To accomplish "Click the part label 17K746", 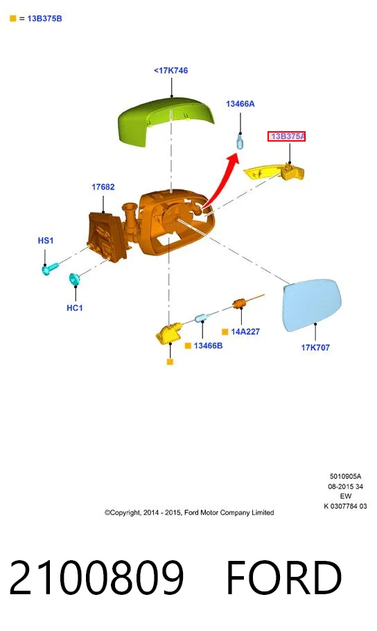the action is click(x=170, y=70).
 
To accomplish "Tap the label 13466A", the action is click(x=240, y=104).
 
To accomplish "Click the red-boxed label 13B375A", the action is click(x=287, y=137).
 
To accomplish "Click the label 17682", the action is click(x=103, y=187).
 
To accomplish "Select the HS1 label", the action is click(x=46, y=240).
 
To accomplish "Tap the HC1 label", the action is click(x=74, y=308).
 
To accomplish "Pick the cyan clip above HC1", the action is click(x=75, y=279).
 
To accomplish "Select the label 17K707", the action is click(x=315, y=347).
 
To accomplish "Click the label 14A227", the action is click(x=245, y=332).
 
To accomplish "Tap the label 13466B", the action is click(x=208, y=346).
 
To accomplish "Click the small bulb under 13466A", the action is click(x=240, y=142).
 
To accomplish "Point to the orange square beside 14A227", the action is click(x=225, y=332).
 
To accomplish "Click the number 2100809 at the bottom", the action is click(x=96, y=577).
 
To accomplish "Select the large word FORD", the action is click(x=283, y=577).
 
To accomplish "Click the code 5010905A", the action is click(x=346, y=476).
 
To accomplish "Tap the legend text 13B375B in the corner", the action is click(x=44, y=19).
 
